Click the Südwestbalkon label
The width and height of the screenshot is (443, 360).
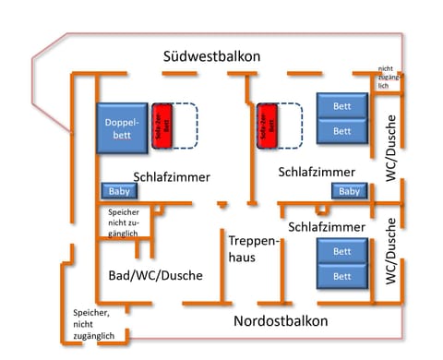[211, 56]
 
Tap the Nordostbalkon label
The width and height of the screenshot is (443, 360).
[281, 321]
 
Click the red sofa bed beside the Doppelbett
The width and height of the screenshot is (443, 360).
[162, 125]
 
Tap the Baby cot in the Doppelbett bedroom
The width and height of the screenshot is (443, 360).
[120, 192]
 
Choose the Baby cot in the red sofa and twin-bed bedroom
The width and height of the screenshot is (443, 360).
[349, 191]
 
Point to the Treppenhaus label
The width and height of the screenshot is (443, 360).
[248, 248]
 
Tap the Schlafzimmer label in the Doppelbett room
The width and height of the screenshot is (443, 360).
[172, 176]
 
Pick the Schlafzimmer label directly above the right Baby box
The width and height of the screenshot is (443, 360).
[317, 172]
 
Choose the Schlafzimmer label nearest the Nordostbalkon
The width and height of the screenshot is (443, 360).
[327, 226]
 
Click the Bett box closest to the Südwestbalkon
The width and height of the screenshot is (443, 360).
[341, 106]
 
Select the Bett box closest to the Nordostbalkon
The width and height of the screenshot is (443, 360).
[341, 276]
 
